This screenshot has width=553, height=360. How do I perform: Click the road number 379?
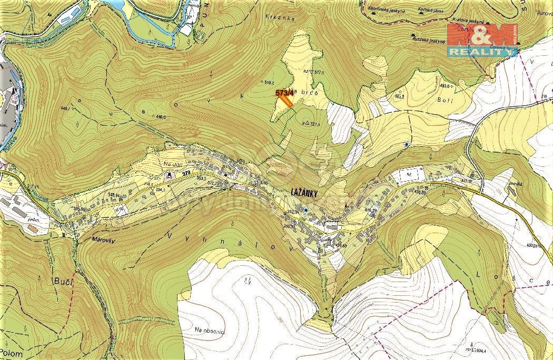coord(185,173)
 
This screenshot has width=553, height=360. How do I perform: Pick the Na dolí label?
coord(172,164)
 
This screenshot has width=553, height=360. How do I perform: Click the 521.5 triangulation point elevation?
coord(314,124)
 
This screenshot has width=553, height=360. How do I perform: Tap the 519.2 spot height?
coord(270,82)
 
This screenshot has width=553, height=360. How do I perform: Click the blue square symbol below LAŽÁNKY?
coord(305,209)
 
